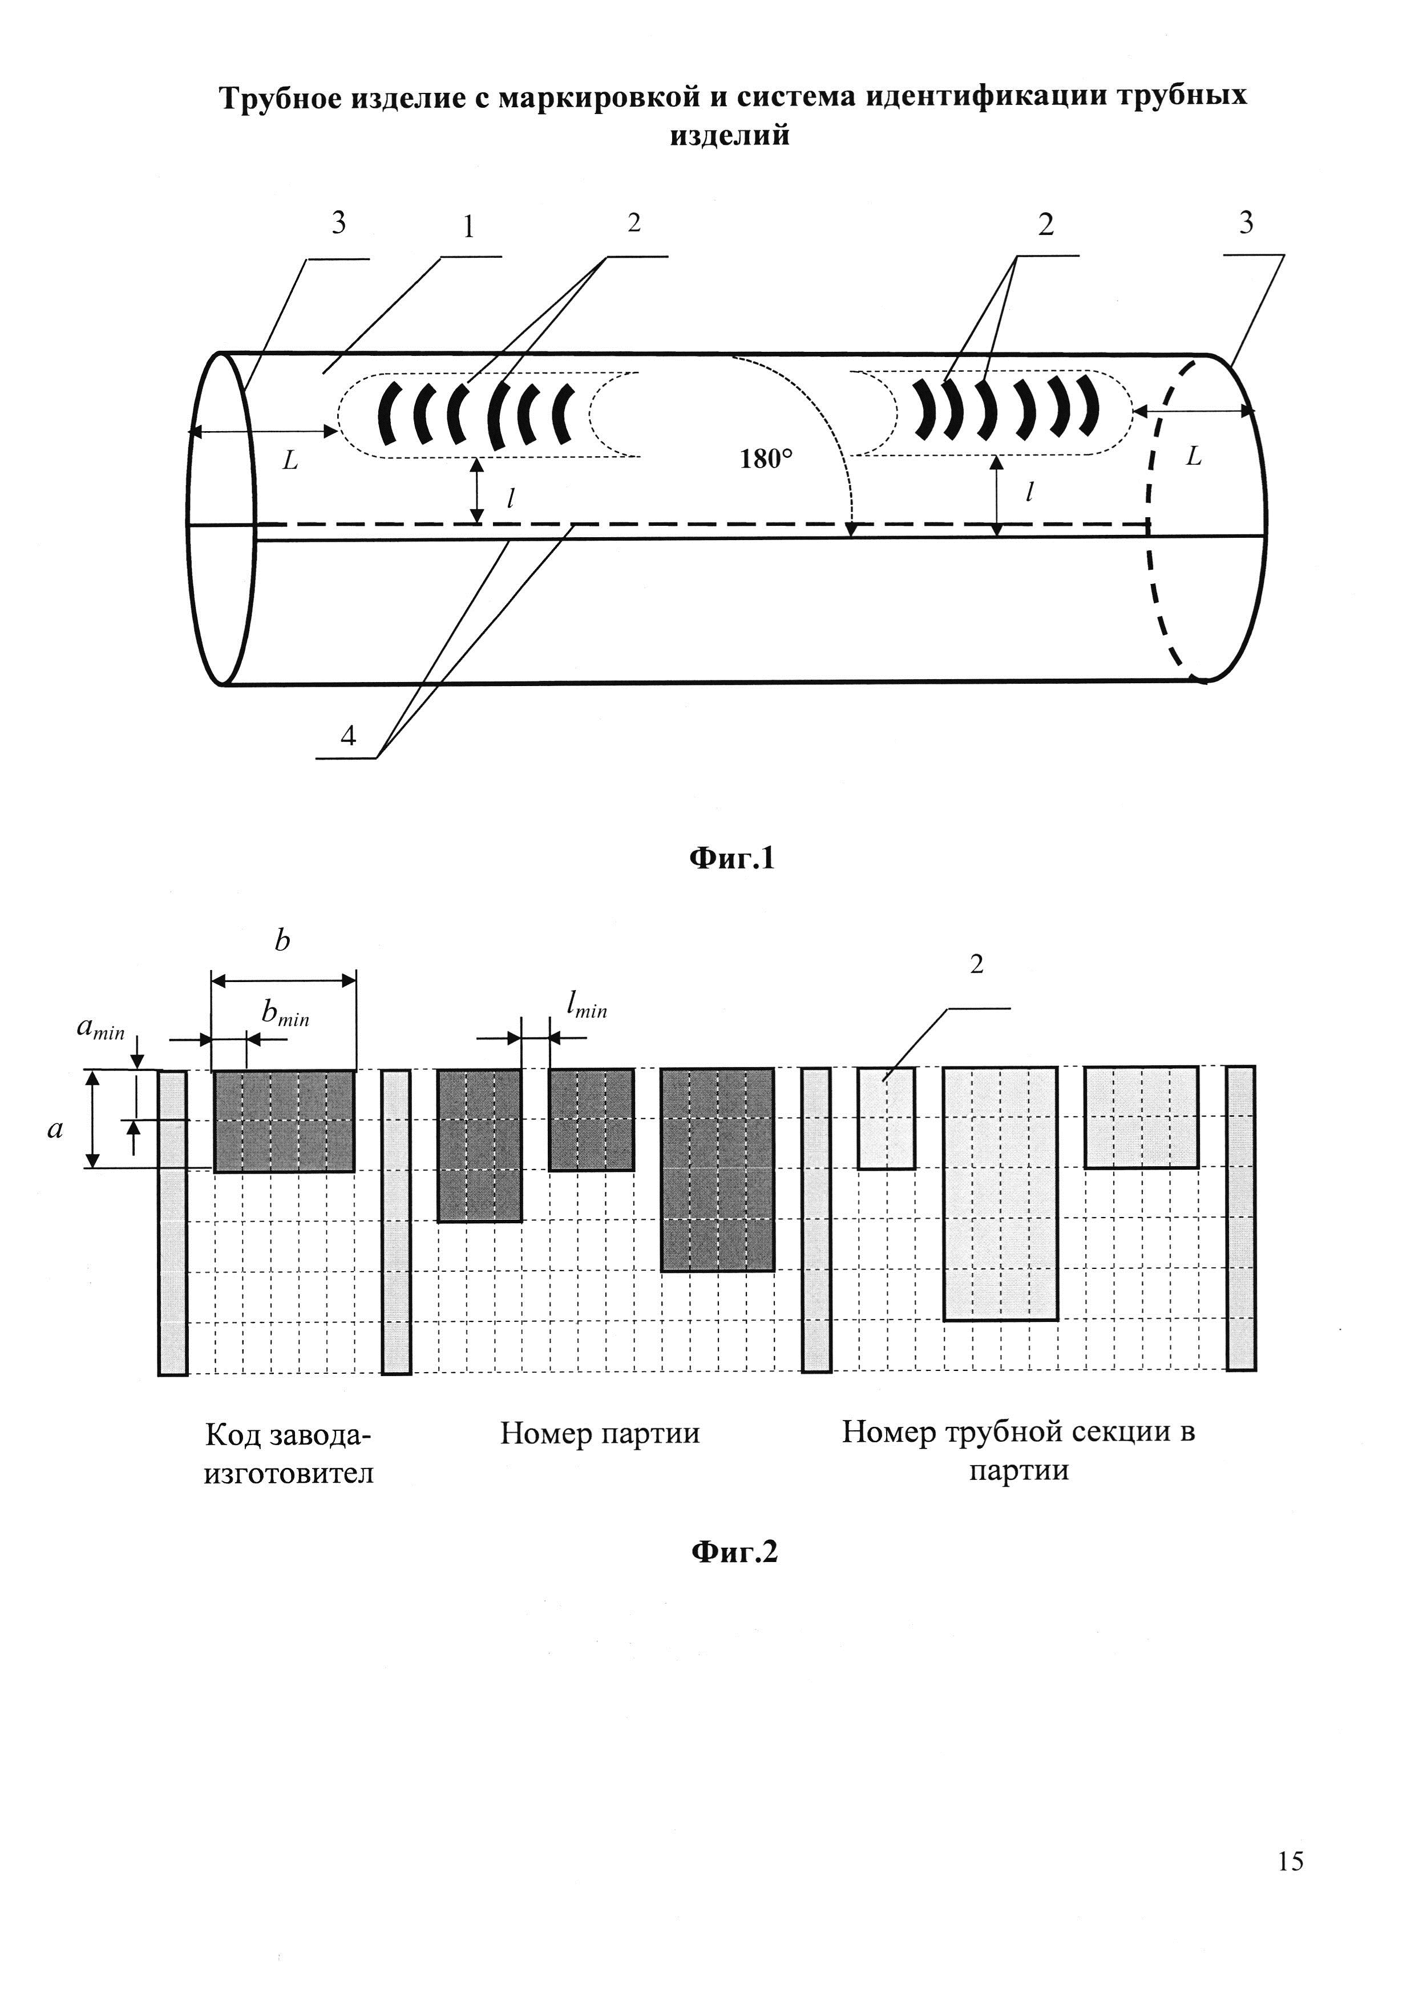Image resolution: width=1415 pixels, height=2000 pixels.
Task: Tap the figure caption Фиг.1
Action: pos(732,859)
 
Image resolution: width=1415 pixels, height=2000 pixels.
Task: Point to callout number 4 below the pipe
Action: pos(347,736)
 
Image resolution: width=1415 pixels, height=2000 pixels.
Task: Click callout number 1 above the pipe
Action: pos(469,228)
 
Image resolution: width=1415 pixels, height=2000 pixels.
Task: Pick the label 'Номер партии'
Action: pos(600,1433)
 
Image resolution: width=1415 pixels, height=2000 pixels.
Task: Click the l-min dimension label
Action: pos(587,1006)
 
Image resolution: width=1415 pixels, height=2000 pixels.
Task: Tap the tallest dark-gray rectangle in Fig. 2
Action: pos(717,1170)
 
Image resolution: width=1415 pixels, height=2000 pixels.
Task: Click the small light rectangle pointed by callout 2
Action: pos(886,1118)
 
